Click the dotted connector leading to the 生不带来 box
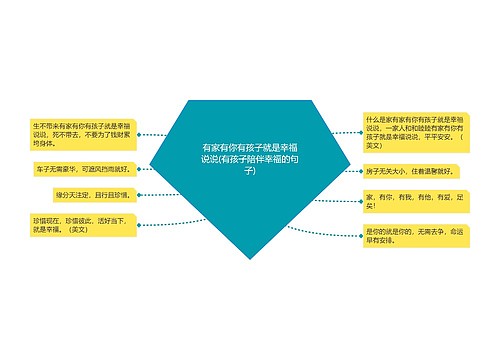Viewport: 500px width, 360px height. [160, 135]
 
